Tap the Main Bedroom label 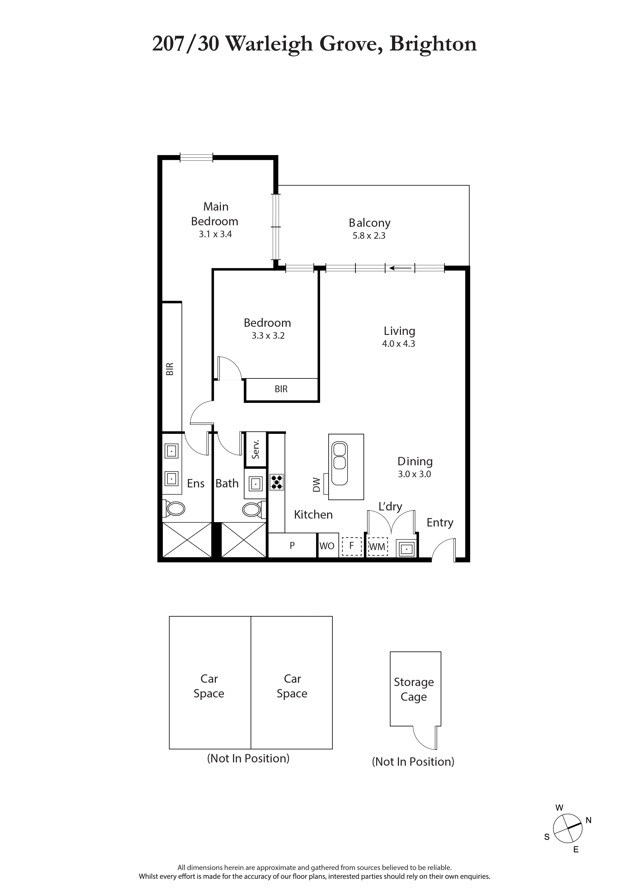click(215, 214)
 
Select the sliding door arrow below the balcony click(400, 268)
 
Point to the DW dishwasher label click(317, 485)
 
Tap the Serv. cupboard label click(255, 449)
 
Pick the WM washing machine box click(377, 546)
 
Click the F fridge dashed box click(352, 546)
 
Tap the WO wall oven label click(327, 546)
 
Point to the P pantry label click(292, 545)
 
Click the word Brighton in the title click(433, 44)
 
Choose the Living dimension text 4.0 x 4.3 click(398, 344)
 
